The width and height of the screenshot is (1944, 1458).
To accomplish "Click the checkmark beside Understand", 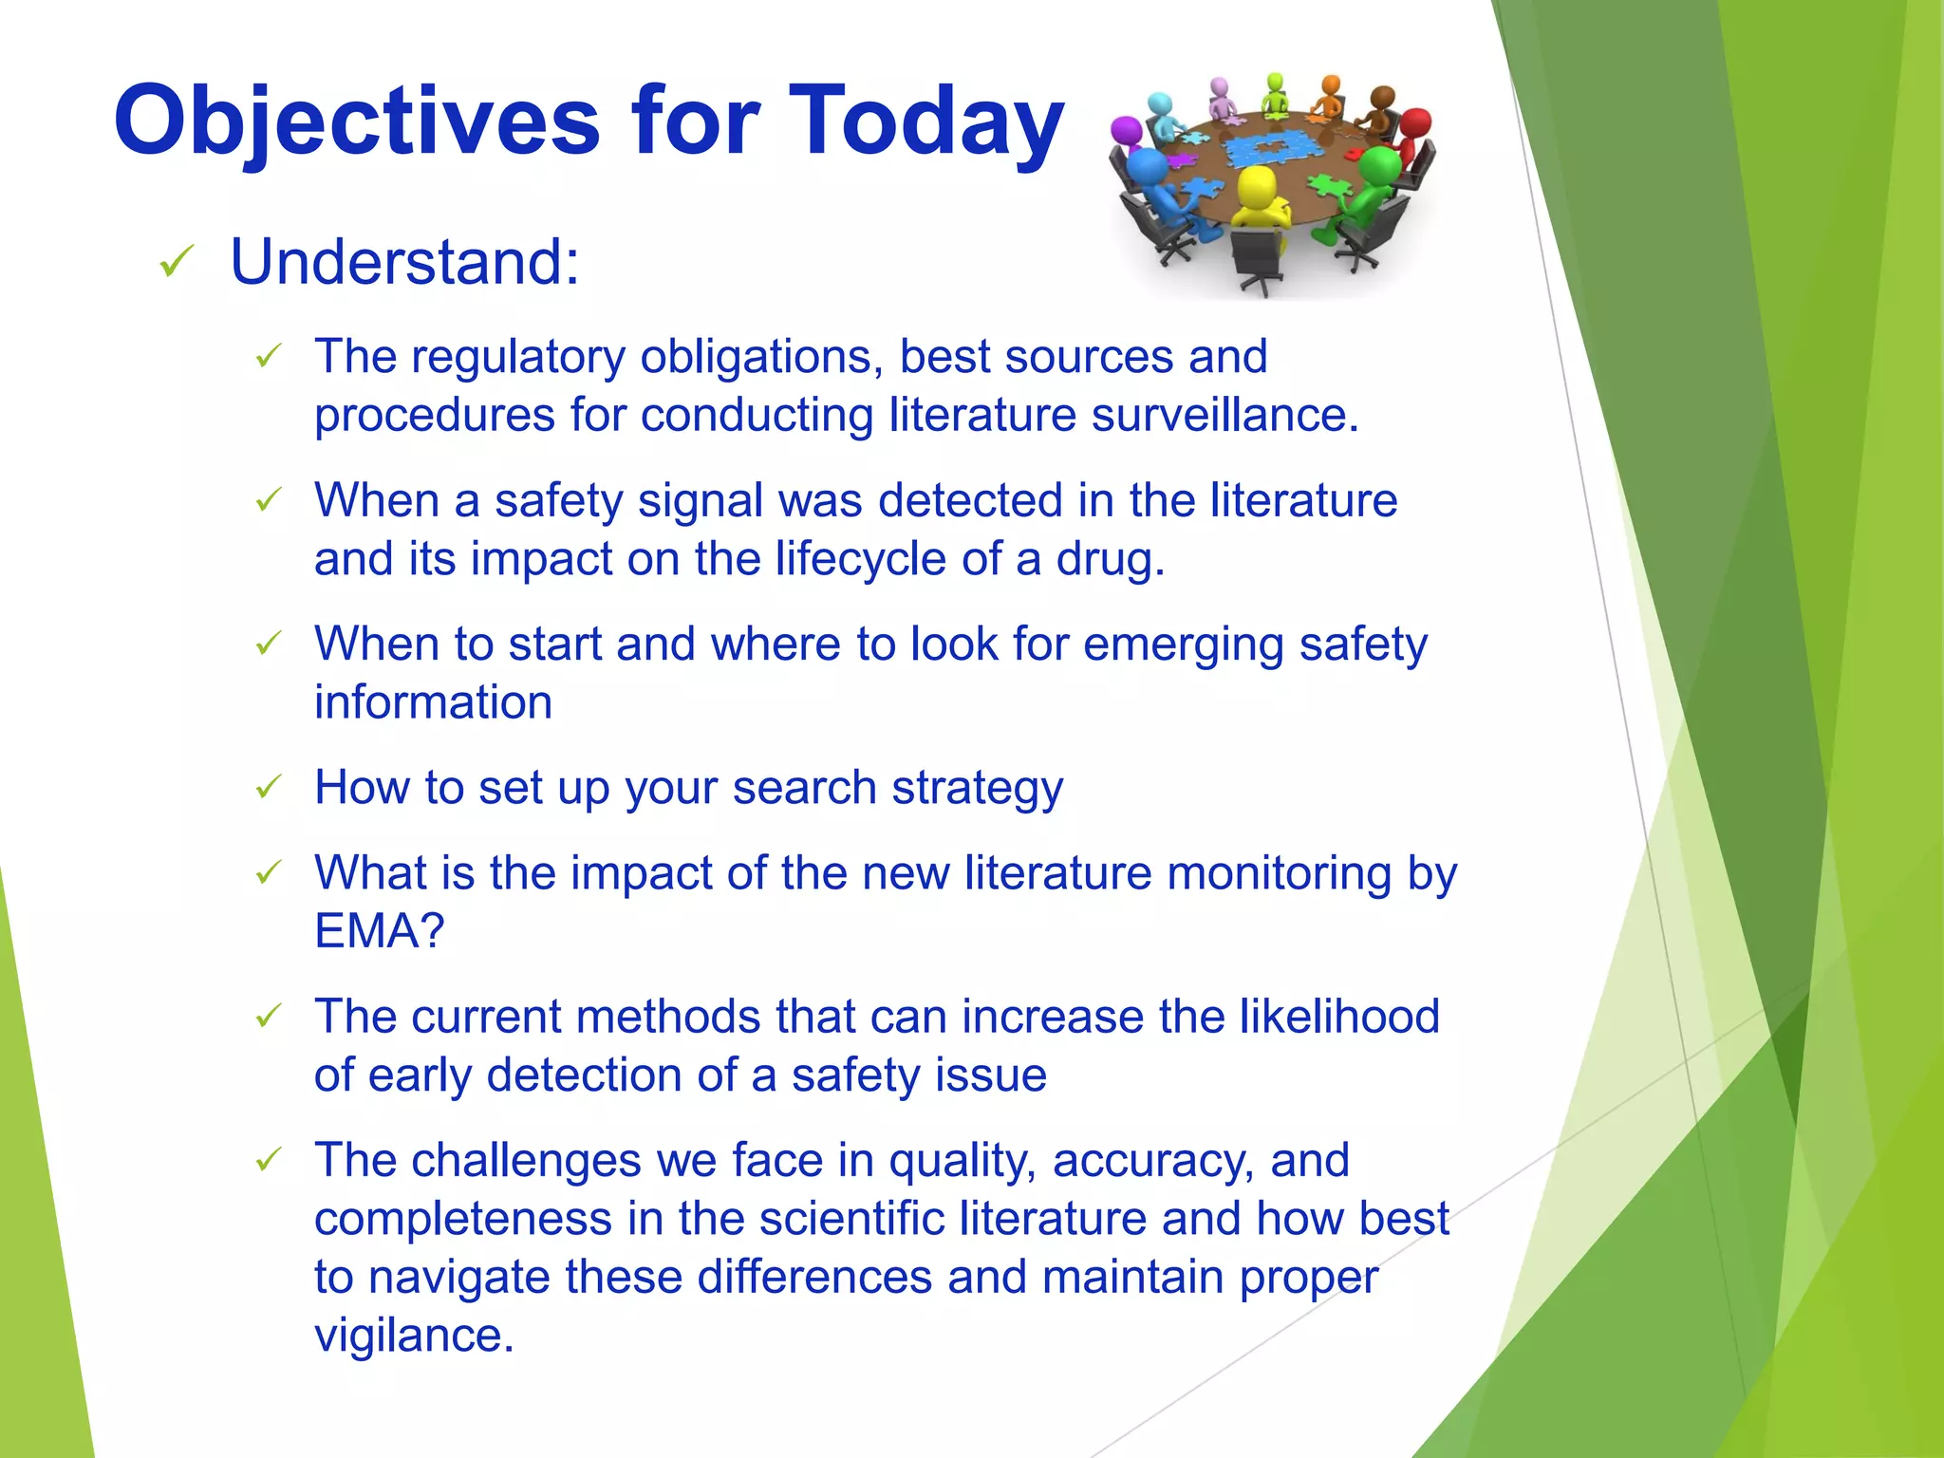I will (178, 261).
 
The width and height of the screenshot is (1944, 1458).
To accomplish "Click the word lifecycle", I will (860, 559).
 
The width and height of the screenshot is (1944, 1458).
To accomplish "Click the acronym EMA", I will (367, 931).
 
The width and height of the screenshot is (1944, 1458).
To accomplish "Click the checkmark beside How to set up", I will (269, 787).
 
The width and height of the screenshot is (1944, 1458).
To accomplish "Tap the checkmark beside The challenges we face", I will (269, 1160).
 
